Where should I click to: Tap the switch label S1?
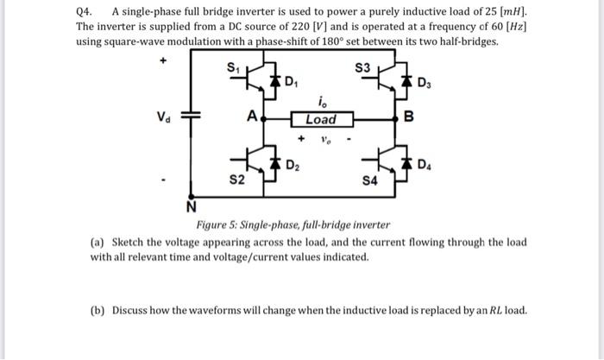click(x=231, y=67)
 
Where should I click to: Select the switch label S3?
click(x=363, y=67)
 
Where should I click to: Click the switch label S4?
click(x=369, y=181)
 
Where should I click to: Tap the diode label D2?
click(x=292, y=164)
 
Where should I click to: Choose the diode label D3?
click(x=423, y=83)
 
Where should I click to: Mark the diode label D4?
click(x=425, y=164)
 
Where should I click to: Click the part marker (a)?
click(x=98, y=243)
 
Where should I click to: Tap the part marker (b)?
click(x=98, y=310)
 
